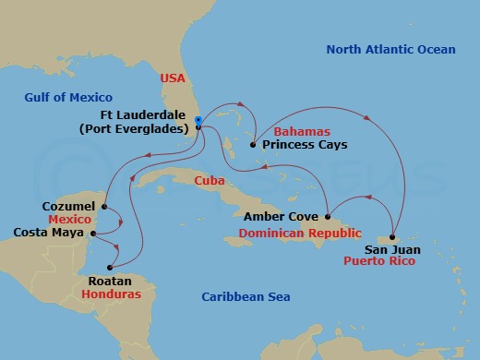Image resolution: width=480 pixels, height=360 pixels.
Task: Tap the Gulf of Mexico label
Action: pyautogui.click(x=68, y=97)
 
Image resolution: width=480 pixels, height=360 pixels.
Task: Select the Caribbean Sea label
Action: pyautogui.click(x=246, y=296)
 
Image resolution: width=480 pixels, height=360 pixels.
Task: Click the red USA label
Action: pyautogui.click(x=173, y=78)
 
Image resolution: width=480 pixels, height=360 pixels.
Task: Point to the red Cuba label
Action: pyautogui.click(x=212, y=182)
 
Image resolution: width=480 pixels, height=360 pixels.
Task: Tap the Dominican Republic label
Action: pyautogui.click(x=299, y=234)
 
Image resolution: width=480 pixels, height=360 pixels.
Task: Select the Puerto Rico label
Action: pyautogui.click(x=378, y=261)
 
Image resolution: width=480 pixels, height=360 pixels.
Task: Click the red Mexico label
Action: pyautogui.click(x=68, y=221)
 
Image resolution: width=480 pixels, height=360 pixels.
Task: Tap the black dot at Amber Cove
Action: pyautogui.click(x=327, y=217)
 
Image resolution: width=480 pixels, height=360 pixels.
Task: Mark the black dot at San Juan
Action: pyautogui.click(x=392, y=237)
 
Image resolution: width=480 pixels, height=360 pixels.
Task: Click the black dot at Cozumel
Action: pyautogui.click(x=104, y=207)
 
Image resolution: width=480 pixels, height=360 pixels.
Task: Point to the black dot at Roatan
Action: pyautogui.click(x=109, y=268)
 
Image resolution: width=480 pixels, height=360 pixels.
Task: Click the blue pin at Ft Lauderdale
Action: pyautogui.click(x=198, y=121)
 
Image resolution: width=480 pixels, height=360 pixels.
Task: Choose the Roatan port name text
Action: pyautogui.click(x=110, y=280)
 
